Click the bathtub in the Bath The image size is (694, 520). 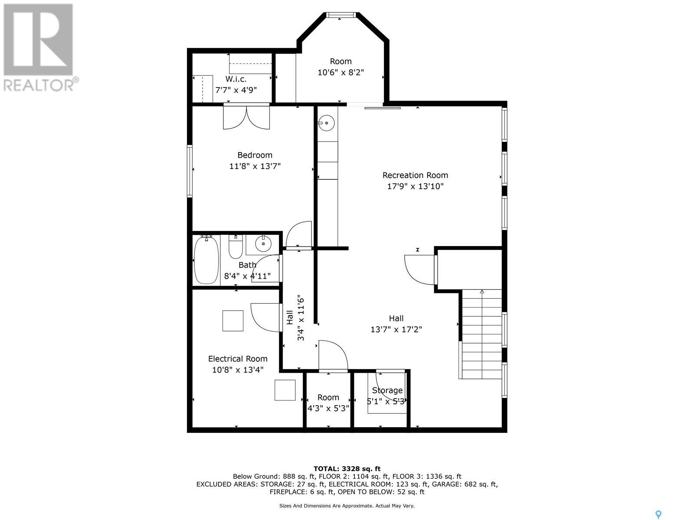click(206, 260)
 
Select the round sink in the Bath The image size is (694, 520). click(263, 244)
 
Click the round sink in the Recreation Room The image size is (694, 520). click(326, 123)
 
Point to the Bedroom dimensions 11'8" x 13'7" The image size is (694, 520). click(255, 166)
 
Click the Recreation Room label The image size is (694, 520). click(415, 175)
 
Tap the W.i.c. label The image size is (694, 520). click(236, 79)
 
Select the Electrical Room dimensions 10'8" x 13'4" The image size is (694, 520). click(238, 370)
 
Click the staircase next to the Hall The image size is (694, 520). click(481, 334)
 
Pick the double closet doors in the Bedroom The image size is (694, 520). click(247, 116)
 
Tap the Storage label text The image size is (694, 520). click(387, 390)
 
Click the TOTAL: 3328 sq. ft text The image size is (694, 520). click(347, 469)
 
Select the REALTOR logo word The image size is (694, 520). click(39, 85)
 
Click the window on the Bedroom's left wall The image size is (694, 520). click(190, 171)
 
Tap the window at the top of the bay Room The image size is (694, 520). click(341, 15)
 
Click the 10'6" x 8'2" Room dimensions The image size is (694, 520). click(341, 73)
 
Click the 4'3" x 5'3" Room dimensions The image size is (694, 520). click(328, 409)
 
